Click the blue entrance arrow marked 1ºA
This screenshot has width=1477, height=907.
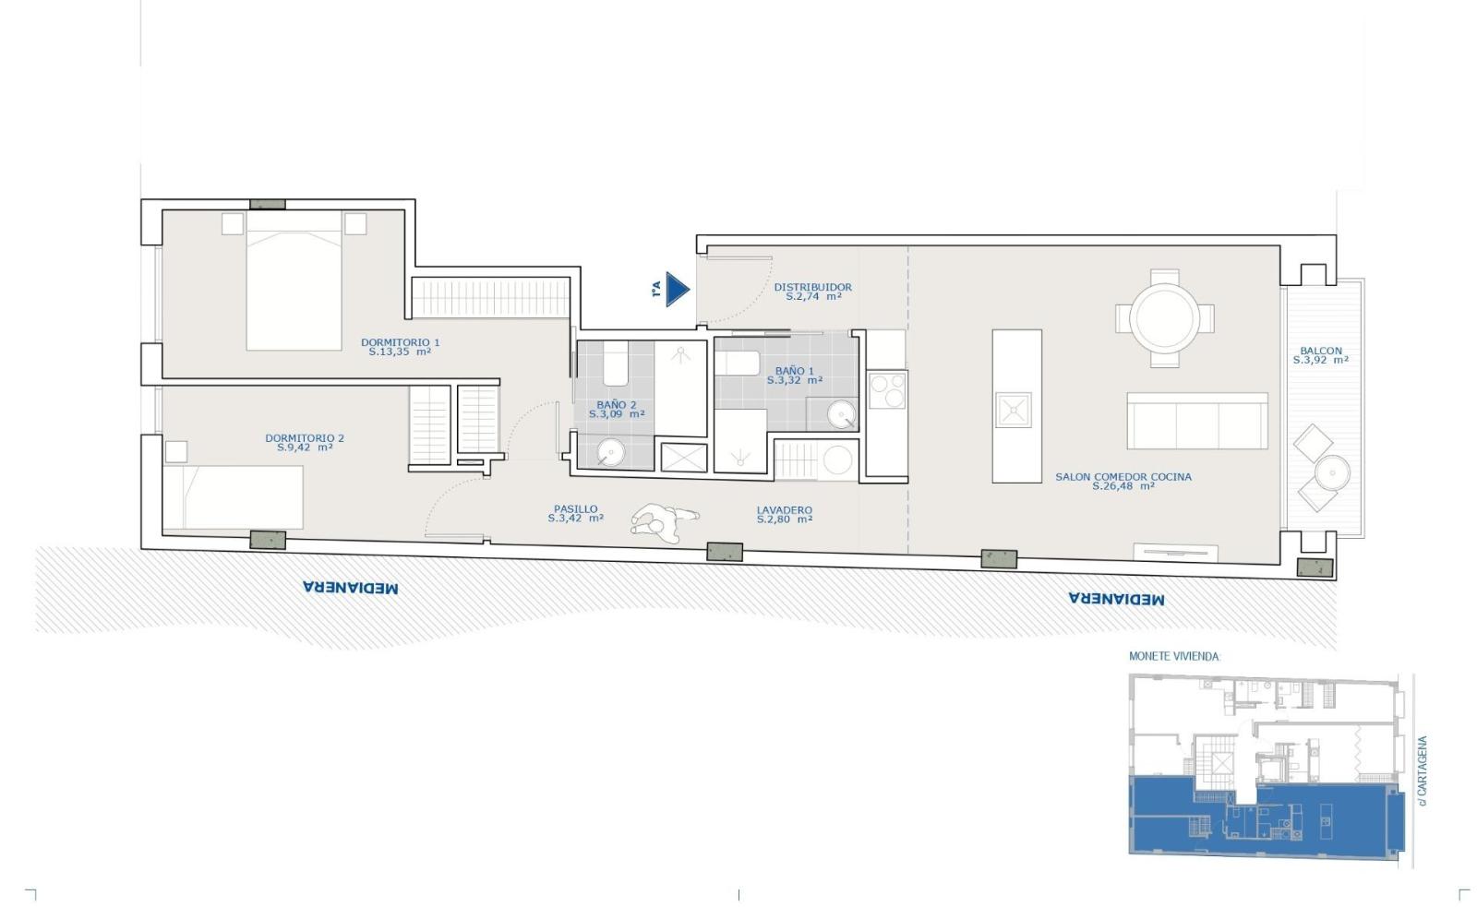coord(678,290)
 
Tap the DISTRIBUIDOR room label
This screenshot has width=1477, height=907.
coord(812,287)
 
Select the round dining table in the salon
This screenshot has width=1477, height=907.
coord(1164,318)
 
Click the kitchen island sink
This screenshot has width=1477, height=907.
coord(1013,410)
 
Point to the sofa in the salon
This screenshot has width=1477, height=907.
coord(1196,421)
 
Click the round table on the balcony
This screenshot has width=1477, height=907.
coord(1332,472)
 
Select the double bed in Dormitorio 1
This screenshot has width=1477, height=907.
coord(294,280)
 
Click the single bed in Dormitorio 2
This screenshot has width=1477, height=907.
coord(233,497)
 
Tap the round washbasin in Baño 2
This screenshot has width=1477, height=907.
coord(610,452)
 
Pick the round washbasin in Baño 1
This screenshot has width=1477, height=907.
coord(841,414)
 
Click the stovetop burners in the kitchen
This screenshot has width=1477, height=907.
coord(887,391)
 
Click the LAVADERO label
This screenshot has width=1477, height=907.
coord(784,509)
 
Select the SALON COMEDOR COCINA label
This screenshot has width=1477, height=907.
coord(1123,477)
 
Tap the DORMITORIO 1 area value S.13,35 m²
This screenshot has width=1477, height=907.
coord(400,352)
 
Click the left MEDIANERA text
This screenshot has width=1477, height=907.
coord(350,588)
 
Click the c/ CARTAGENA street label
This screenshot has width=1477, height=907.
coord(1423,771)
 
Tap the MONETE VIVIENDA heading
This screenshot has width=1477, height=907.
coord(1174,657)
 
